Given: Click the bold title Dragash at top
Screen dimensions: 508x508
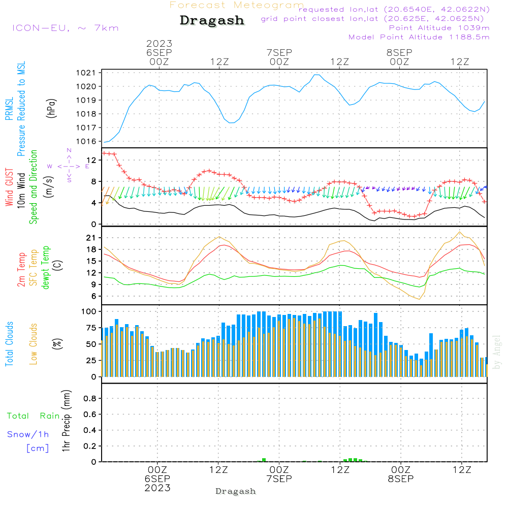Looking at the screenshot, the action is [x=212, y=21].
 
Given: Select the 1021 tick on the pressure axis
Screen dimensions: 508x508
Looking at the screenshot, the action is [x=86, y=73].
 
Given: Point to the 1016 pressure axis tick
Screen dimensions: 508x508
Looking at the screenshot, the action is [x=86, y=141].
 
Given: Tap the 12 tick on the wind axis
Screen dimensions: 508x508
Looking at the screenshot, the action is [x=91, y=160].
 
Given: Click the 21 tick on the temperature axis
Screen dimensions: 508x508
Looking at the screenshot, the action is [x=91, y=238].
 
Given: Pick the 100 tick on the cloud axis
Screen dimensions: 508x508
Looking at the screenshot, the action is [x=89, y=311].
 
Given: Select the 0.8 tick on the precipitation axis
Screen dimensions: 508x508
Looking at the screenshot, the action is [x=90, y=398].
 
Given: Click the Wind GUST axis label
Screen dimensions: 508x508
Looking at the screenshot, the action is [x=9, y=187].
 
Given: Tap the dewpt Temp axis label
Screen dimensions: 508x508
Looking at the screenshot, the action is [x=45, y=267].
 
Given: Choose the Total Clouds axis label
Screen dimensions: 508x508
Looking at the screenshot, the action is [x=9, y=344].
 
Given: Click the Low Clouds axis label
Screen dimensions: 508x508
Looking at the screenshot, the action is [x=33, y=344].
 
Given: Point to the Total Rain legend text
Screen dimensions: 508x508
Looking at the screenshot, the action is [x=34, y=416].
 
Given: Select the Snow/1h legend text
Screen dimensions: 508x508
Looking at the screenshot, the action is [x=28, y=434].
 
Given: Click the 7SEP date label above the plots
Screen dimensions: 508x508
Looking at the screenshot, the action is [x=279, y=52].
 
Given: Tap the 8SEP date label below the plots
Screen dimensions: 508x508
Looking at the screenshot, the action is [x=401, y=479].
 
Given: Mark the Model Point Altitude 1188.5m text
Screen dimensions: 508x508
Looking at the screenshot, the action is [x=419, y=37].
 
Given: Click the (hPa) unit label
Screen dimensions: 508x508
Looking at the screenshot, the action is [x=51, y=108].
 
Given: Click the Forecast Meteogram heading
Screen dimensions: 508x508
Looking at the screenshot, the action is [x=237, y=6].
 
